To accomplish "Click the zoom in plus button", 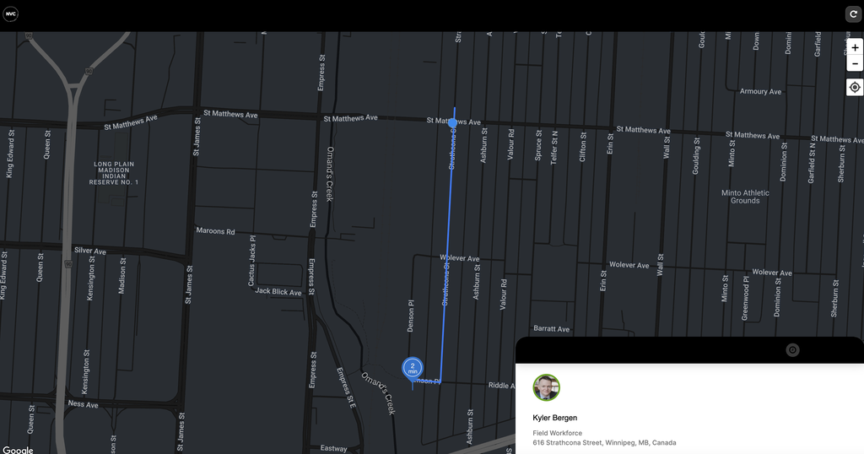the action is point(855,48).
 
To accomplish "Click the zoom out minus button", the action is point(855,64).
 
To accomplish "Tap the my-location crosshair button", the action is point(855,87).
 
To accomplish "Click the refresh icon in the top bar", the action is point(852,14).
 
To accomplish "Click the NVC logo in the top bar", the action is point(10,14).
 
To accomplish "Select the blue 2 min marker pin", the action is point(413,369).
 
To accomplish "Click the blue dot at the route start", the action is point(453,123).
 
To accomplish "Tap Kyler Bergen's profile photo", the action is point(546,387).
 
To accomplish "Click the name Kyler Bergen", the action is point(554,418).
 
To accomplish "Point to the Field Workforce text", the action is point(557,433).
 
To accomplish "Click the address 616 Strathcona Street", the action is point(603,442).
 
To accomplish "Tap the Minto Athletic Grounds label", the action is point(745,197).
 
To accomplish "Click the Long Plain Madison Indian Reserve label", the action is point(114,173).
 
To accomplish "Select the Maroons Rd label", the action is point(215,231).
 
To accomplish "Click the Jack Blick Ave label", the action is point(278,292).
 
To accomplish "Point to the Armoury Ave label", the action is point(760,91).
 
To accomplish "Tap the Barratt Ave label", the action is point(551,329).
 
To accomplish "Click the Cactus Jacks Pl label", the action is point(252,261).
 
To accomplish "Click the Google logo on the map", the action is point(18,450).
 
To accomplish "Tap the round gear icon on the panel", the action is point(792,350).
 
